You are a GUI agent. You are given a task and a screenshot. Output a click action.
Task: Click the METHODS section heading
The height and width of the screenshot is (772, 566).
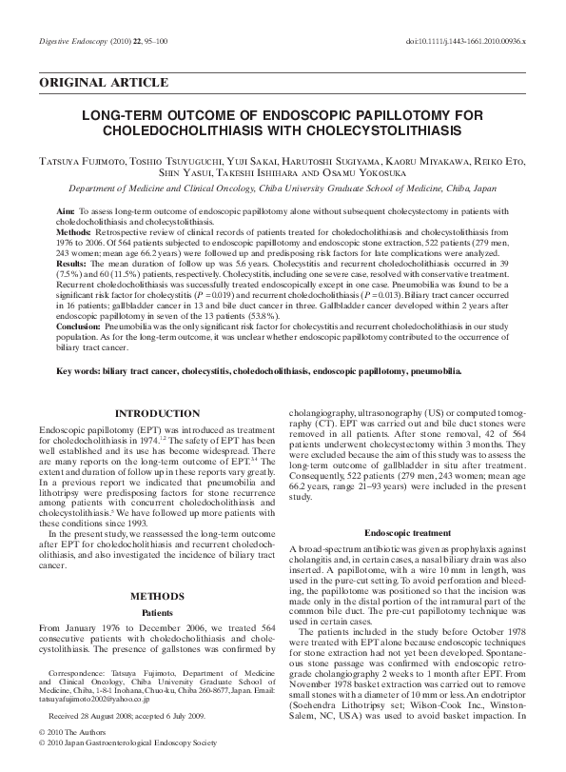[157, 596]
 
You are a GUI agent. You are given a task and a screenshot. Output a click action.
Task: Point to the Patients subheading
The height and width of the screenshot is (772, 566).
[157, 614]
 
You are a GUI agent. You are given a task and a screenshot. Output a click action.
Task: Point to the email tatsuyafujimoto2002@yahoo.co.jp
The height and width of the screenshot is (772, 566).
[98, 698]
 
